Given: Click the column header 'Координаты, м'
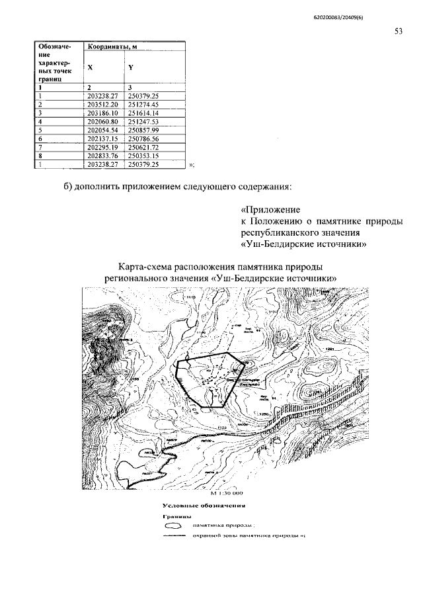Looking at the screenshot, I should point(111,46).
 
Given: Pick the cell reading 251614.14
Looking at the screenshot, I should point(144,113).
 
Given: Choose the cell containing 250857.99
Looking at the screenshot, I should point(144,130).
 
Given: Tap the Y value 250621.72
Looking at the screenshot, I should point(144,148).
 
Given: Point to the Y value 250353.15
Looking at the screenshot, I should point(144,156).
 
